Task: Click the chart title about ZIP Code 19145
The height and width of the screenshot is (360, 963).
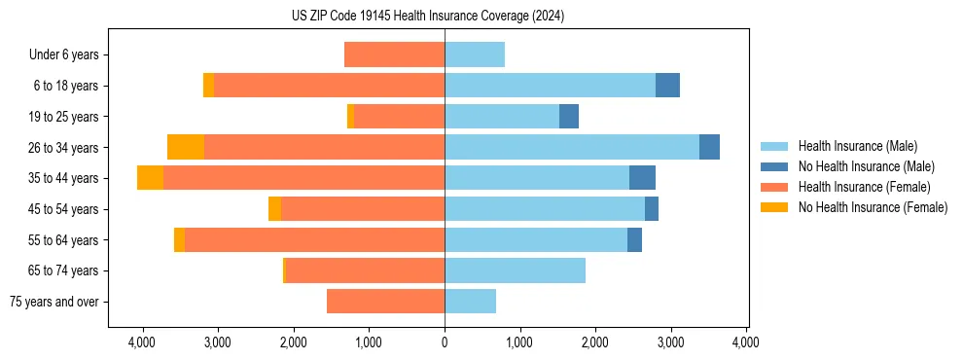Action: tap(427, 16)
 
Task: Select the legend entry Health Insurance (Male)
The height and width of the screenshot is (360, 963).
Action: tap(856, 146)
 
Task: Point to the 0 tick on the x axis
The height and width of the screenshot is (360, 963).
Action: tap(445, 342)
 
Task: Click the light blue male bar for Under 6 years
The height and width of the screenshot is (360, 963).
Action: tap(475, 54)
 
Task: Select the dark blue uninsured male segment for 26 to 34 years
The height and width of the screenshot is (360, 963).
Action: tap(709, 147)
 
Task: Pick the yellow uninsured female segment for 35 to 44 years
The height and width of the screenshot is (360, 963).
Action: tap(150, 178)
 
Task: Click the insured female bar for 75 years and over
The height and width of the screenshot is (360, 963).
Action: tap(385, 302)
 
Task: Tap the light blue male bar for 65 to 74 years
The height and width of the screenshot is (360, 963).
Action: tap(515, 270)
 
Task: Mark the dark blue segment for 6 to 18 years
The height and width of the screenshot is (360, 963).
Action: tap(667, 86)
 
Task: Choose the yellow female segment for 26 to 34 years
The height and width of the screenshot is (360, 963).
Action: tap(186, 147)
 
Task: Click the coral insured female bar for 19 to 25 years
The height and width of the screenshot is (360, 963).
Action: tap(399, 117)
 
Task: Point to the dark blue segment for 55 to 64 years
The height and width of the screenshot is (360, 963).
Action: tap(634, 239)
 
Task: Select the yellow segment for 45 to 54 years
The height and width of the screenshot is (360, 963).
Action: tap(274, 209)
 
